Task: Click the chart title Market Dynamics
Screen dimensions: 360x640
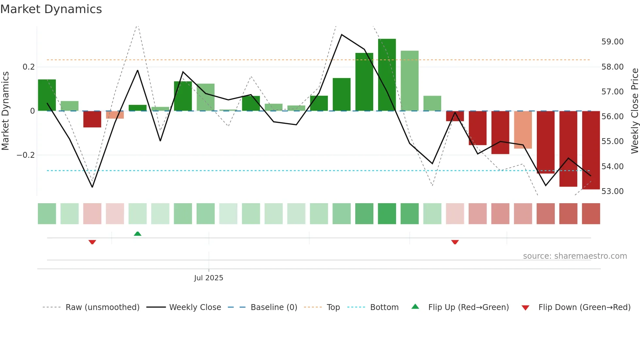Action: [x=51, y=9]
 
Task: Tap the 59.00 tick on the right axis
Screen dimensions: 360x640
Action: [x=612, y=42]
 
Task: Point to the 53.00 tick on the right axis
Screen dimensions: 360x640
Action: [x=612, y=191]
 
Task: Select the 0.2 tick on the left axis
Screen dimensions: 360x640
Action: [x=29, y=67]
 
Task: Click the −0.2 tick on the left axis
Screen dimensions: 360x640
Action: [x=26, y=155]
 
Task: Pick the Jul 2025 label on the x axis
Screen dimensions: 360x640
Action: [x=209, y=278]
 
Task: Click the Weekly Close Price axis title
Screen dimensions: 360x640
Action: [x=634, y=111]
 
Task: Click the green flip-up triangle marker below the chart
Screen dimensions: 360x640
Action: [x=137, y=234]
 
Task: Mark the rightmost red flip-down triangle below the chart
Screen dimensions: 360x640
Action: [x=455, y=242]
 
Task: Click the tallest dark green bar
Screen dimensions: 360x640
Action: [x=387, y=75]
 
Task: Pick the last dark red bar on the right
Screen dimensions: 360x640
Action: [x=591, y=150]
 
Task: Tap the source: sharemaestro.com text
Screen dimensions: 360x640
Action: [x=575, y=256]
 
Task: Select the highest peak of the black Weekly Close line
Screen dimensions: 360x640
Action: [x=342, y=35]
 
